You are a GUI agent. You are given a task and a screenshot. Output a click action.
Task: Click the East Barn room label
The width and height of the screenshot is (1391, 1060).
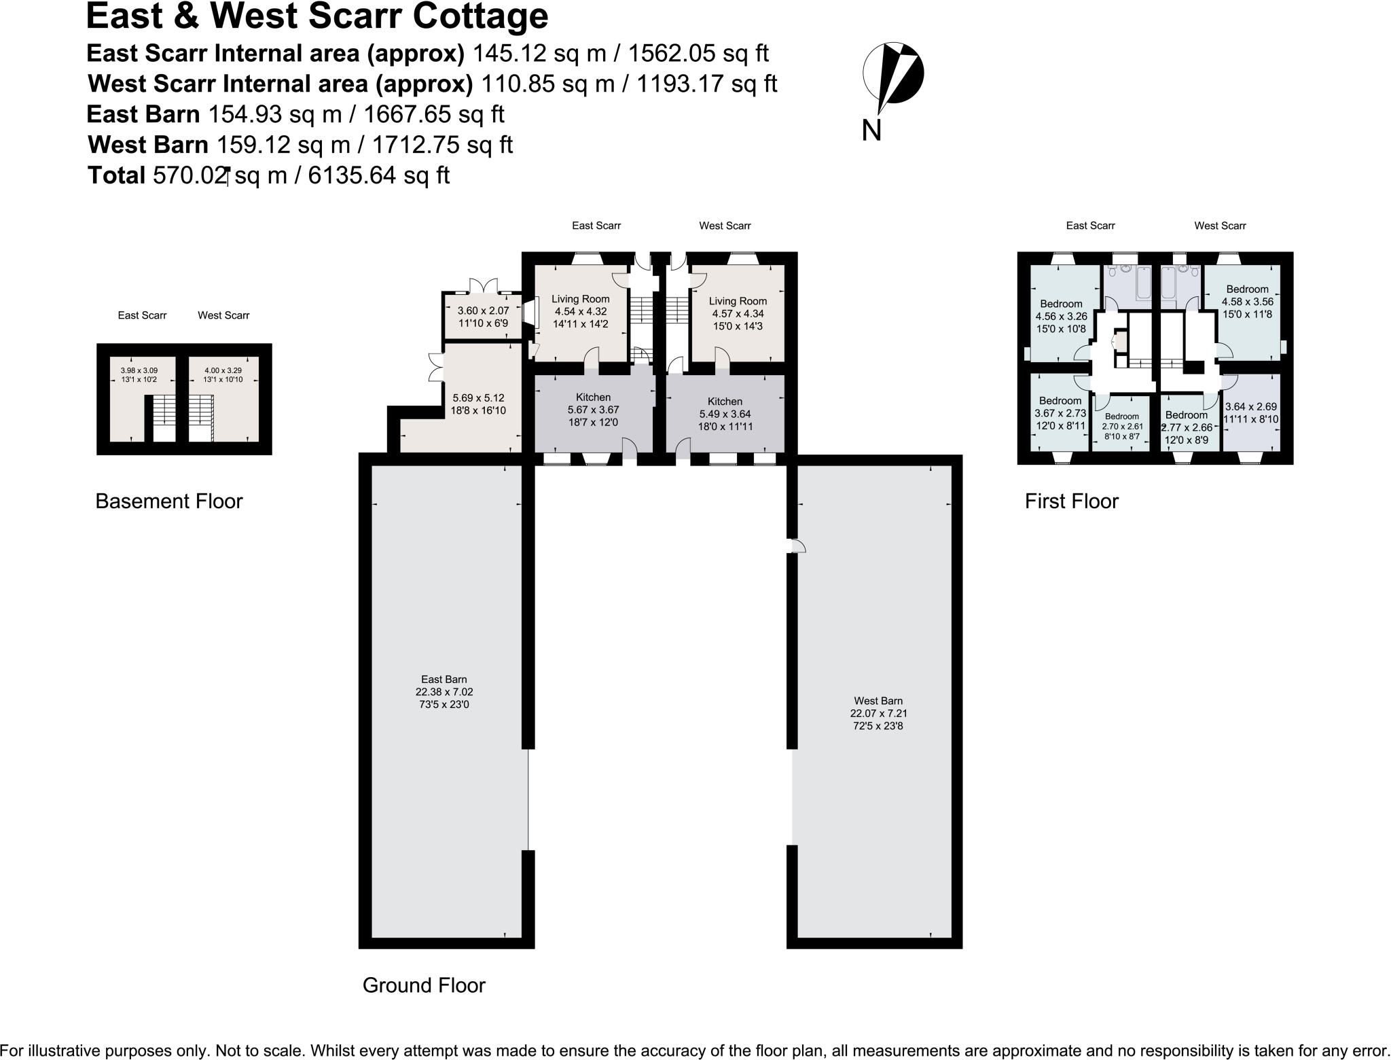click(444, 692)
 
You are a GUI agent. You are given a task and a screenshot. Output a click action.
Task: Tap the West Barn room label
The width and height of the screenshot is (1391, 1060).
click(878, 713)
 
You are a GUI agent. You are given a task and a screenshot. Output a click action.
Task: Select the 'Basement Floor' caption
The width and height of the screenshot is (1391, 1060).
click(168, 501)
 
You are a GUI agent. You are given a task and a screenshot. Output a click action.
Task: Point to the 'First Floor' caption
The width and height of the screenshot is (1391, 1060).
click(1071, 501)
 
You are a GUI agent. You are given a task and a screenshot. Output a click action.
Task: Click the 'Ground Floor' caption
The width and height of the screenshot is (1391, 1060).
click(424, 985)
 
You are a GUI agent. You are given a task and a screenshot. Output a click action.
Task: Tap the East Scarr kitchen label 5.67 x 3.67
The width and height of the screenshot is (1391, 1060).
click(593, 410)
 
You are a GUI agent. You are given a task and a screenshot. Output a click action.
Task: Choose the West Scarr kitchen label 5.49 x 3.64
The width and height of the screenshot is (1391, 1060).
click(725, 414)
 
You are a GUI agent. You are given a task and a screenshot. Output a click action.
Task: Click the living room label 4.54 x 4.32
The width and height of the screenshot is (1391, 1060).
click(580, 311)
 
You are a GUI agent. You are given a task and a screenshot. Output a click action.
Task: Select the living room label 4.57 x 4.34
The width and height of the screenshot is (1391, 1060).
click(738, 313)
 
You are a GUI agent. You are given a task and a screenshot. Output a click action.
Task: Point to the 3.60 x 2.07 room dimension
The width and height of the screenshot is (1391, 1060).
click(483, 317)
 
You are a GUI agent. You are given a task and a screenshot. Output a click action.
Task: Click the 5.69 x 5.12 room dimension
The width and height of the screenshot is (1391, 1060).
click(478, 404)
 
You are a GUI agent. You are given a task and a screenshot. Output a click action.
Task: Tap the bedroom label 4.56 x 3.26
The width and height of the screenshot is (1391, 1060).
click(1061, 316)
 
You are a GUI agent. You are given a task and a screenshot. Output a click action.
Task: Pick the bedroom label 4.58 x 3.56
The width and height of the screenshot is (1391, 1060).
click(1247, 302)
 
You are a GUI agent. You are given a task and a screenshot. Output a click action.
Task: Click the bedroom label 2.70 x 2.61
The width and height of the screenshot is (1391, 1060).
click(1121, 426)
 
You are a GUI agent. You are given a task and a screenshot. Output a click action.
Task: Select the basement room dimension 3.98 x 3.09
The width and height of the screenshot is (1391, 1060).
click(139, 374)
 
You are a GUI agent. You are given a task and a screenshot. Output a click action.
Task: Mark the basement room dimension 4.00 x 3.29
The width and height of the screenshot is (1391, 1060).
click(223, 374)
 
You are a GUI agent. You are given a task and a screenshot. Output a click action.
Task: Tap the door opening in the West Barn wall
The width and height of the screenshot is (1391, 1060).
click(794, 546)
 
